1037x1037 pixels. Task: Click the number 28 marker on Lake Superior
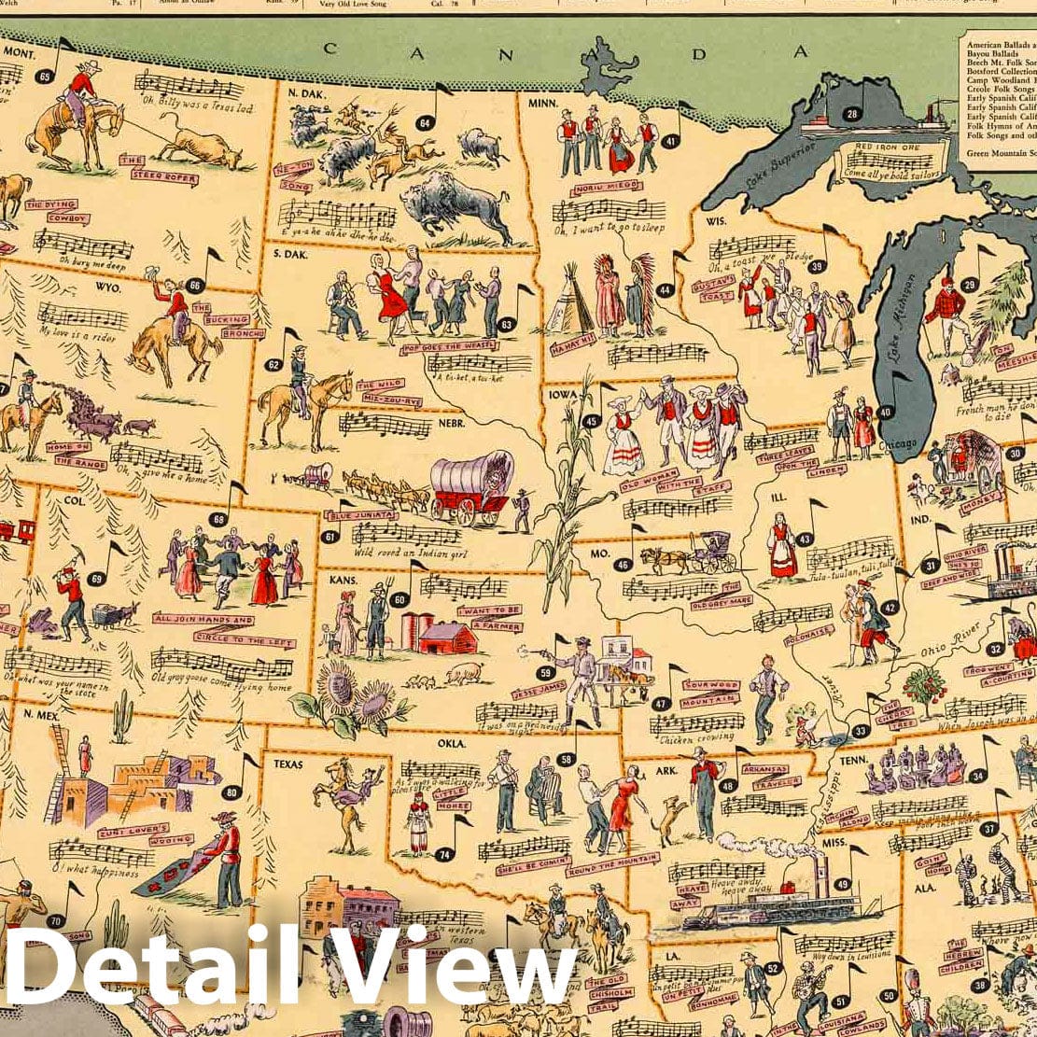click(x=850, y=115)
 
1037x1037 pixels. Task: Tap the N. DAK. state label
click(x=305, y=93)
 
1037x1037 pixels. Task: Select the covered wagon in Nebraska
click(x=471, y=486)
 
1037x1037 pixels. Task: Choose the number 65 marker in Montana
click(x=44, y=77)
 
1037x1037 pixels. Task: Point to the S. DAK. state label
click(x=292, y=253)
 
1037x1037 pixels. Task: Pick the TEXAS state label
click(x=288, y=763)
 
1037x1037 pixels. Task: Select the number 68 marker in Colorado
click(x=219, y=519)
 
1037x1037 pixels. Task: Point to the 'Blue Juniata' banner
click(x=360, y=515)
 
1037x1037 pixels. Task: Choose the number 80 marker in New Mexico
click(x=231, y=793)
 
